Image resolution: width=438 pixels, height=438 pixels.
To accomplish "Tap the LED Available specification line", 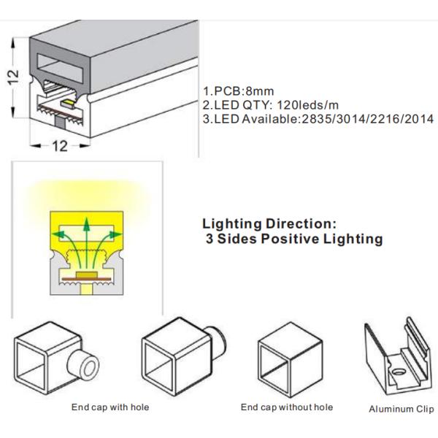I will (x=318, y=119).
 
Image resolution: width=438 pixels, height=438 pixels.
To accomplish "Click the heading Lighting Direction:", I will (x=269, y=224).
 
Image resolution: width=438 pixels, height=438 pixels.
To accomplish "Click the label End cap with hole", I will (x=110, y=407).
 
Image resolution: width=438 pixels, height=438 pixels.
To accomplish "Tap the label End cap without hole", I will (x=287, y=407).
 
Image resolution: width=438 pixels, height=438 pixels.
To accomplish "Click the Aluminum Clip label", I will (x=401, y=410).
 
